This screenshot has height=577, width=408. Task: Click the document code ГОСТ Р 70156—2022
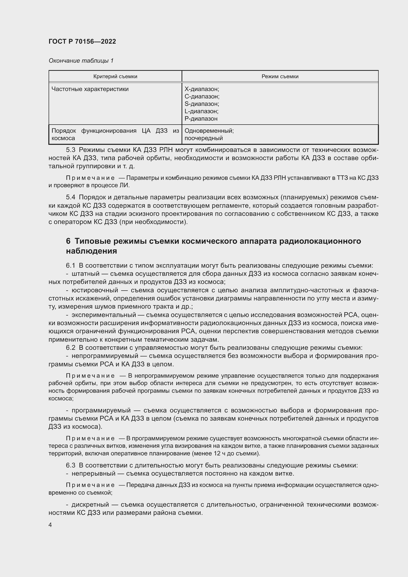coord(82,41)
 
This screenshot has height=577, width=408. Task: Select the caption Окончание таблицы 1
coord(81,61)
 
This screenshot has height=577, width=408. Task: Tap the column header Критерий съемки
coord(115,76)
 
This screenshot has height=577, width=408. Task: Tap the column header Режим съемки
coord(280,76)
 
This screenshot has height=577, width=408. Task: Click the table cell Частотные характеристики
coord(90,89)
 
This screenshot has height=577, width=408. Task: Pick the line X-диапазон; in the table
coord(202,89)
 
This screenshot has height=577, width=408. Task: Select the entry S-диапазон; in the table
coord(202,104)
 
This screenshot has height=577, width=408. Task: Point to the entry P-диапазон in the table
coord(201,119)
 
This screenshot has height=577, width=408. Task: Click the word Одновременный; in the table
coord(209,131)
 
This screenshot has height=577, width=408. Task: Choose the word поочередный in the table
coord(204,138)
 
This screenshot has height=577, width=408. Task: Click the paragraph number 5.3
coord(71,150)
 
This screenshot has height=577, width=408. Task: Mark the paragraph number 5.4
coord(71,198)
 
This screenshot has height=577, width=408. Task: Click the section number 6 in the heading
coord(68,241)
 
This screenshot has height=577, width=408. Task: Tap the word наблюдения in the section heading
coord(92,251)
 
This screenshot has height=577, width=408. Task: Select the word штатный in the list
coord(85,274)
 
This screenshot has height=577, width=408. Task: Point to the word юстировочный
coord(95,290)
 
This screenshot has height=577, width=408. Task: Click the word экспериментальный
coord(104,315)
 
